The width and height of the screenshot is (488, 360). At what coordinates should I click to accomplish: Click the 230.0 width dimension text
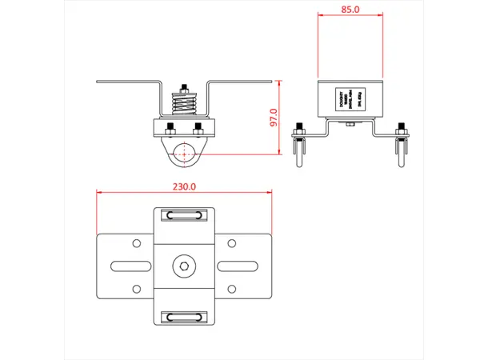184,186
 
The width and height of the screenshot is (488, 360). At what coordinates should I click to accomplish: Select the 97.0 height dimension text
274,118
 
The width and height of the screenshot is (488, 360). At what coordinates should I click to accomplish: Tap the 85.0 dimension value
350,10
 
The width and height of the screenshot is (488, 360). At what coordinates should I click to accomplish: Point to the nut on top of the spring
184,89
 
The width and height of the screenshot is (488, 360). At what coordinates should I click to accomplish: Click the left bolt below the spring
170,129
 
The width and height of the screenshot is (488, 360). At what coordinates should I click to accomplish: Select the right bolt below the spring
198,129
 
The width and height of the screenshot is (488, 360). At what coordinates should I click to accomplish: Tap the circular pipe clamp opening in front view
184,154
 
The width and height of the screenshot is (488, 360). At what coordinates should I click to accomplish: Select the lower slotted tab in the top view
184,315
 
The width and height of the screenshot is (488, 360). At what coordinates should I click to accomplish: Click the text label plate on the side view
350,99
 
